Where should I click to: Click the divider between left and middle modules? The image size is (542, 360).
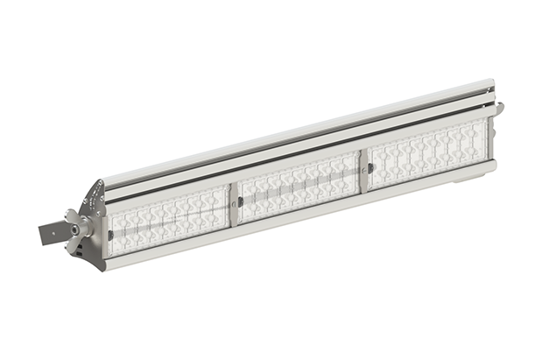click(x=235, y=202)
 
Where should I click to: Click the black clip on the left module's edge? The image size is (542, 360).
click(x=110, y=235)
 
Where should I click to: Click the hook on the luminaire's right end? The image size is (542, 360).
click(x=499, y=109)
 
